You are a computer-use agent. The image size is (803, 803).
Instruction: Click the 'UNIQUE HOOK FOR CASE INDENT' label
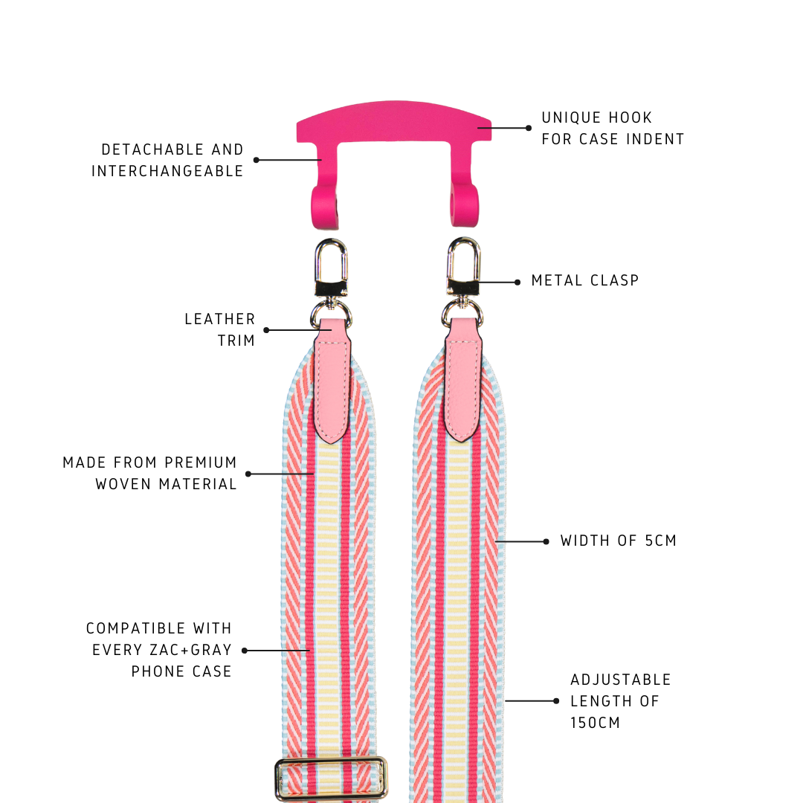pos(613,128)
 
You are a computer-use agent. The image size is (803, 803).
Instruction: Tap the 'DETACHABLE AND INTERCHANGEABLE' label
pos(167,160)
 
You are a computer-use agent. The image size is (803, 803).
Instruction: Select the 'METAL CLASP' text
pos(585,281)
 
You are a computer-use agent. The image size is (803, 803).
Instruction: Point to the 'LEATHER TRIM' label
pos(220,329)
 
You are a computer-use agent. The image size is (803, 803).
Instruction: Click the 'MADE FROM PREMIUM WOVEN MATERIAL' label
pos(150,473)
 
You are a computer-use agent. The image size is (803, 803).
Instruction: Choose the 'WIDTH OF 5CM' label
pos(619,541)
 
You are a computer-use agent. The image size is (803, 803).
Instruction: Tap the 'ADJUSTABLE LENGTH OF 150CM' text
pos(620,700)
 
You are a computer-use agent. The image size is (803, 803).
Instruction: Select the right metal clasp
pos(463,268)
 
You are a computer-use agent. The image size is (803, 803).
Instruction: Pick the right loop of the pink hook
pos(464,204)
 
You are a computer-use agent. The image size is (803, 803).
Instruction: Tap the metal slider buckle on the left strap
pos(332,778)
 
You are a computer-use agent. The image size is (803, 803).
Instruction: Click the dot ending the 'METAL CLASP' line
pos(517,282)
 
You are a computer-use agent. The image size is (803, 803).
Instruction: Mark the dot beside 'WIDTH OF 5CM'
pos(546,541)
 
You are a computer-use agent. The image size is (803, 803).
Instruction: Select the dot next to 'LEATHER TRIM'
pos(266,329)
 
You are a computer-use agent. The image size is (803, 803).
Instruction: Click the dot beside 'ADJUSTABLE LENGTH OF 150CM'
pos(556,700)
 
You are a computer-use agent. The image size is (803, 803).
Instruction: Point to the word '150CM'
pos(595,722)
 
